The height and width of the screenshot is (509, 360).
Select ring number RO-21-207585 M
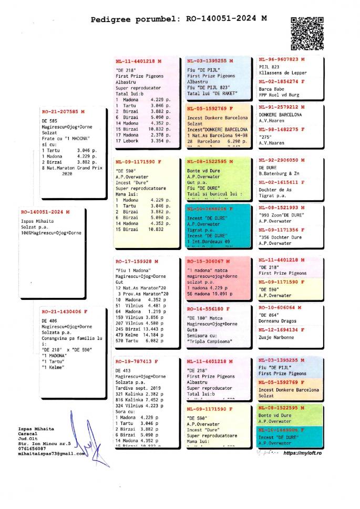[x=63, y=112]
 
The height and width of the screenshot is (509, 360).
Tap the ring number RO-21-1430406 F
[x=64, y=311]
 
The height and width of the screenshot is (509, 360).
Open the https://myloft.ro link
[x=302, y=453]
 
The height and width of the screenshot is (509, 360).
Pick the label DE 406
[x=49, y=320]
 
